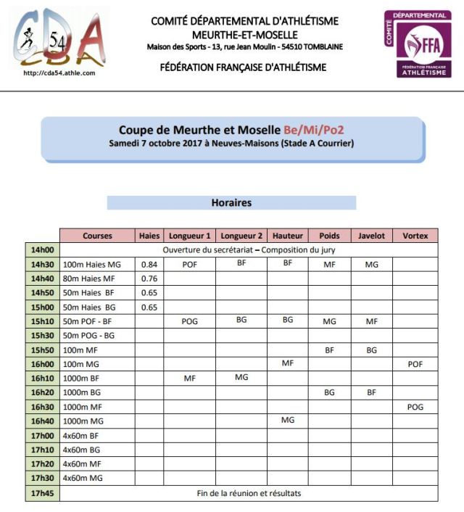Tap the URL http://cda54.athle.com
[x=59, y=73]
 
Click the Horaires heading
[x=231, y=203]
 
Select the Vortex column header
[x=415, y=236]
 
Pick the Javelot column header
[x=371, y=236]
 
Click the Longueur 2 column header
[x=241, y=236]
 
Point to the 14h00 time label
[x=42, y=249]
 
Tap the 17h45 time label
[x=42, y=494]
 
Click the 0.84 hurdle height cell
[x=149, y=265]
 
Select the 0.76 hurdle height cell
[x=149, y=278]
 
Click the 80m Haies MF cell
[x=97, y=278]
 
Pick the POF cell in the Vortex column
[x=415, y=364]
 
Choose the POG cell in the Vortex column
[x=415, y=407]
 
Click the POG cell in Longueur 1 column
[x=190, y=321]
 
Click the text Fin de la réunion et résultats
[x=249, y=494]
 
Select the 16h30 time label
[x=42, y=407]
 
